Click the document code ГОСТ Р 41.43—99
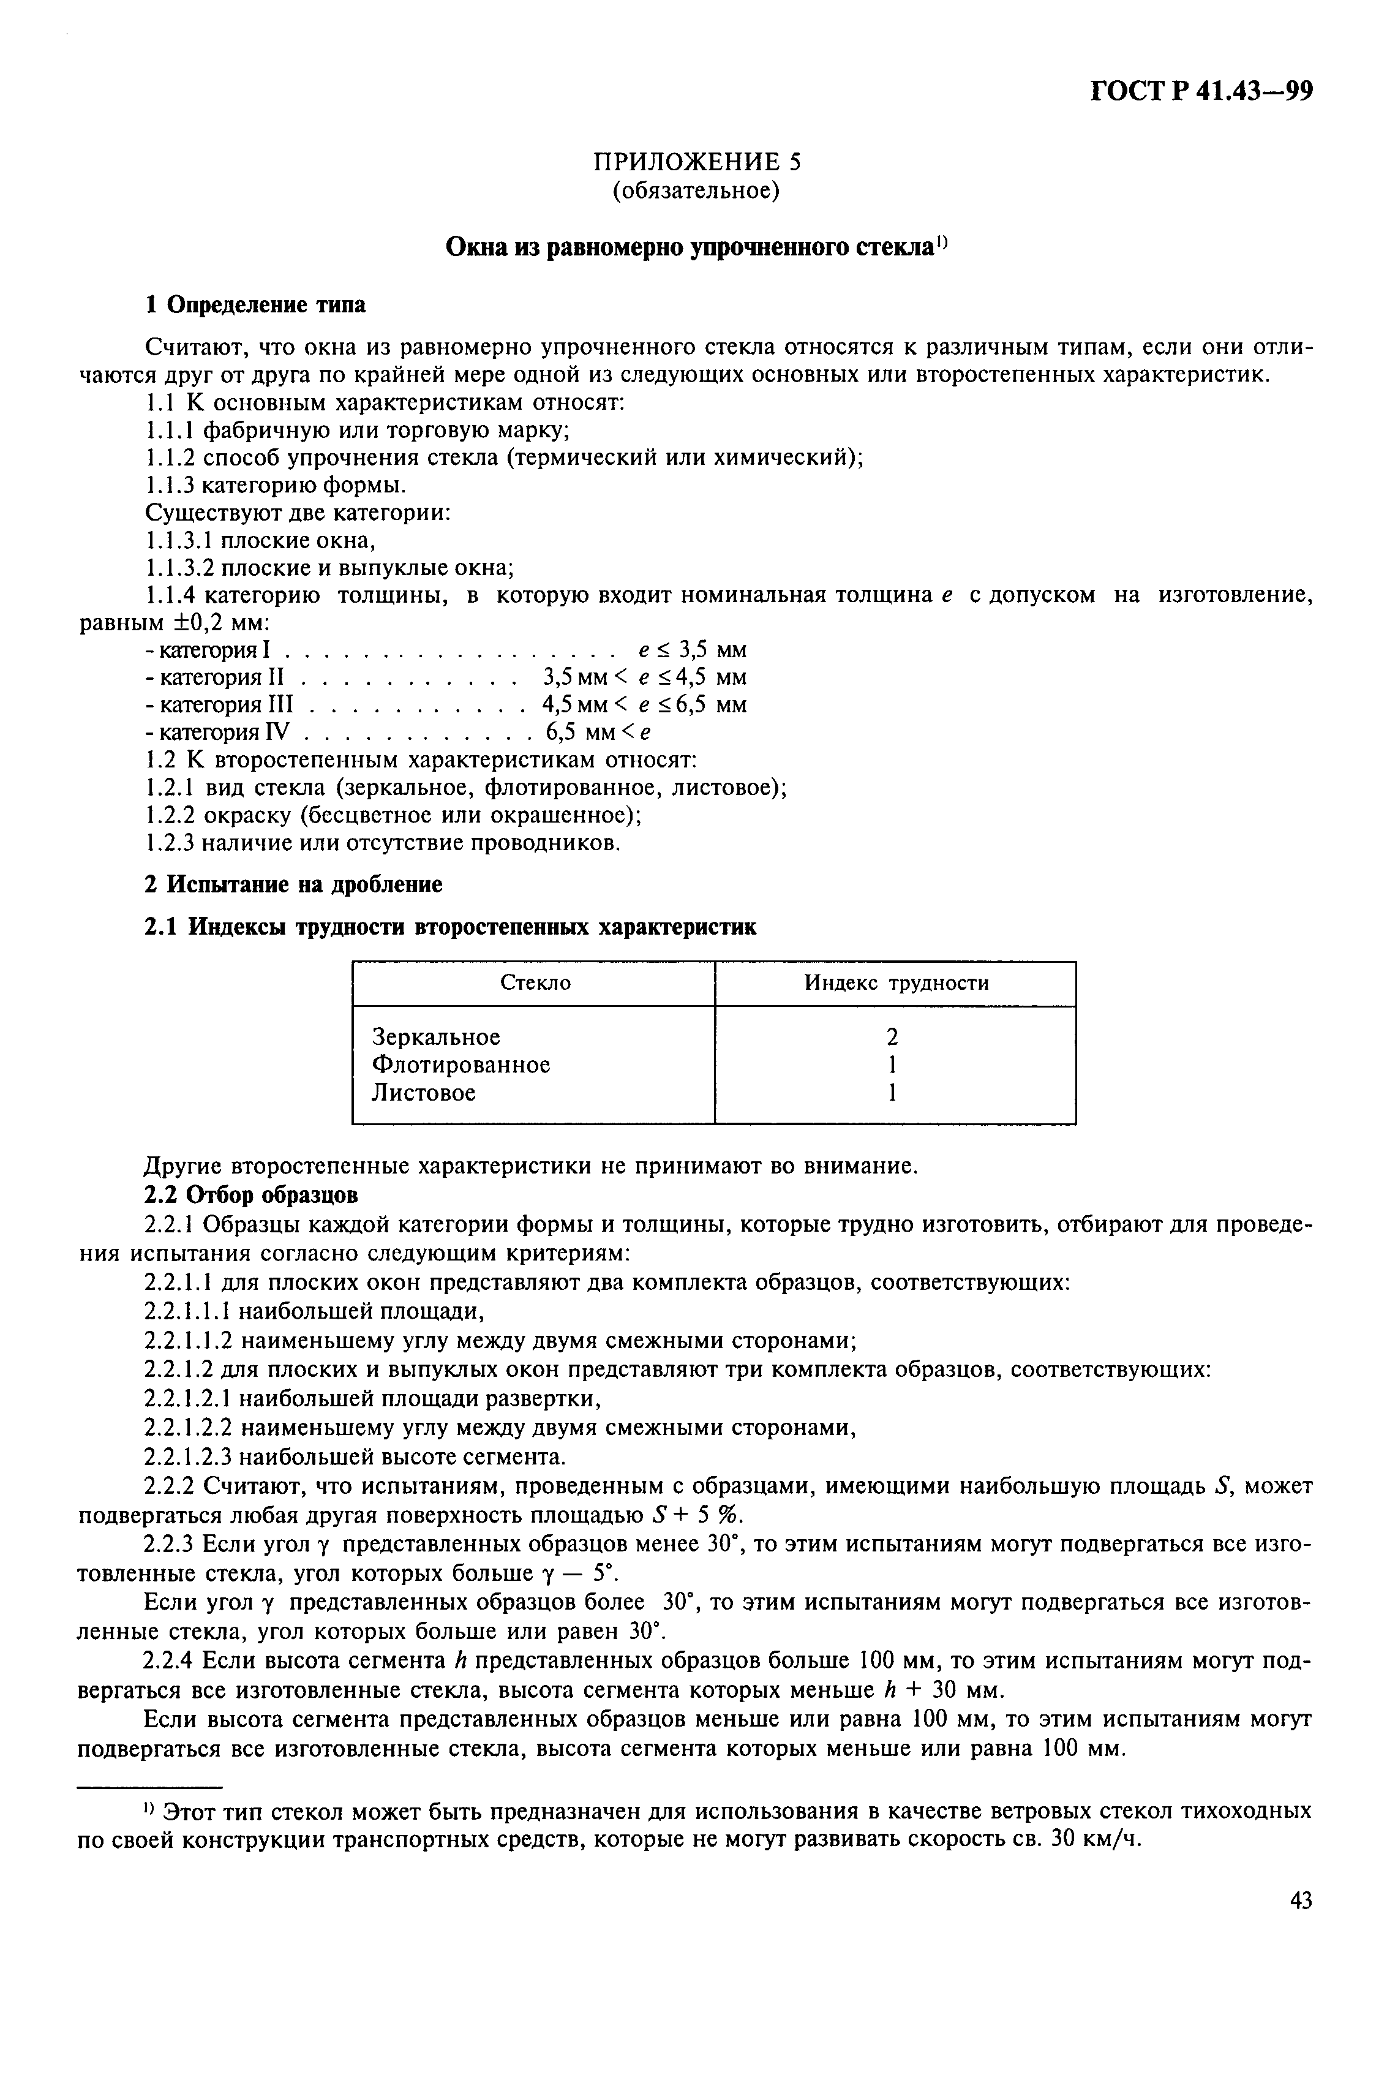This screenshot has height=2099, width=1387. click(x=1201, y=91)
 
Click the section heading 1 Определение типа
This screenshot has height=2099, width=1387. click(x=255, y=304)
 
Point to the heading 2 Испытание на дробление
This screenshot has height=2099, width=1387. click(x=293, y=884)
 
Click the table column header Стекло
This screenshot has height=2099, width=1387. click(x=535, y=982)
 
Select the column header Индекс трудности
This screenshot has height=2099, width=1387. click(x=895, y=982)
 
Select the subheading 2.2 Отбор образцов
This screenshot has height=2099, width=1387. click(x=251, y=1195)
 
